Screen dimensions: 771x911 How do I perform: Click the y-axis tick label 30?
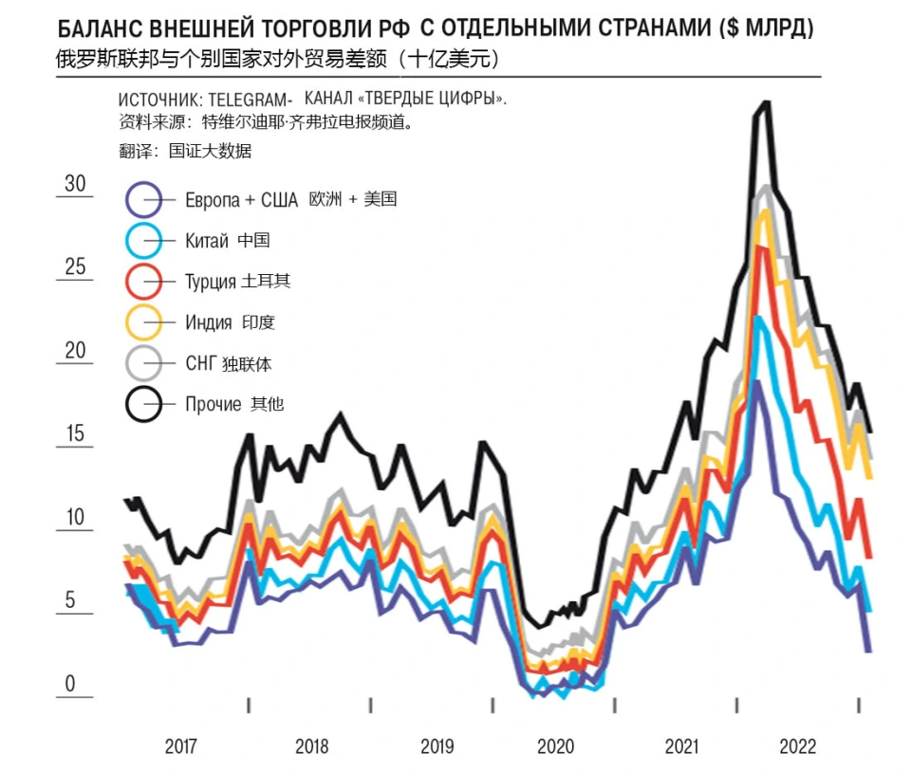[75, 183]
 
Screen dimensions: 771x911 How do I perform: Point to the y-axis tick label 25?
[75, 266]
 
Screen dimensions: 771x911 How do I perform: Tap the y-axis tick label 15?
[75, 434]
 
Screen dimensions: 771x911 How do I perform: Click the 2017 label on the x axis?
[180, 745]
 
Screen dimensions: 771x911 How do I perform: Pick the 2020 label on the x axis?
[555, 745]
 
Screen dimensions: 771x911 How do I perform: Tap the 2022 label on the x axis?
[798, 745]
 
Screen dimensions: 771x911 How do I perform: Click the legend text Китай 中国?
[228, 241]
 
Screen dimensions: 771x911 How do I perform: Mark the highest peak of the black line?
[766, 102]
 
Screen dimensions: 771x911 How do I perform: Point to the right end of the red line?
[869, 557]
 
